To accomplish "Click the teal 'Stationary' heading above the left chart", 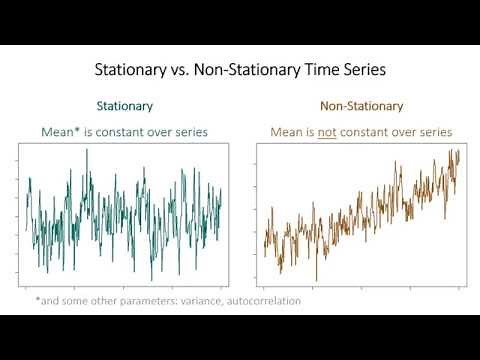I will [x=125, y=105].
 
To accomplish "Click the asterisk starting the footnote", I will [x=37, y=299].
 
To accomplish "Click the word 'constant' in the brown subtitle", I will [x=375, y=131].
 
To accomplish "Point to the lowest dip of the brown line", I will [x=316, y=280].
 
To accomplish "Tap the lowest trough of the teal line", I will [x=152, y=280].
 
